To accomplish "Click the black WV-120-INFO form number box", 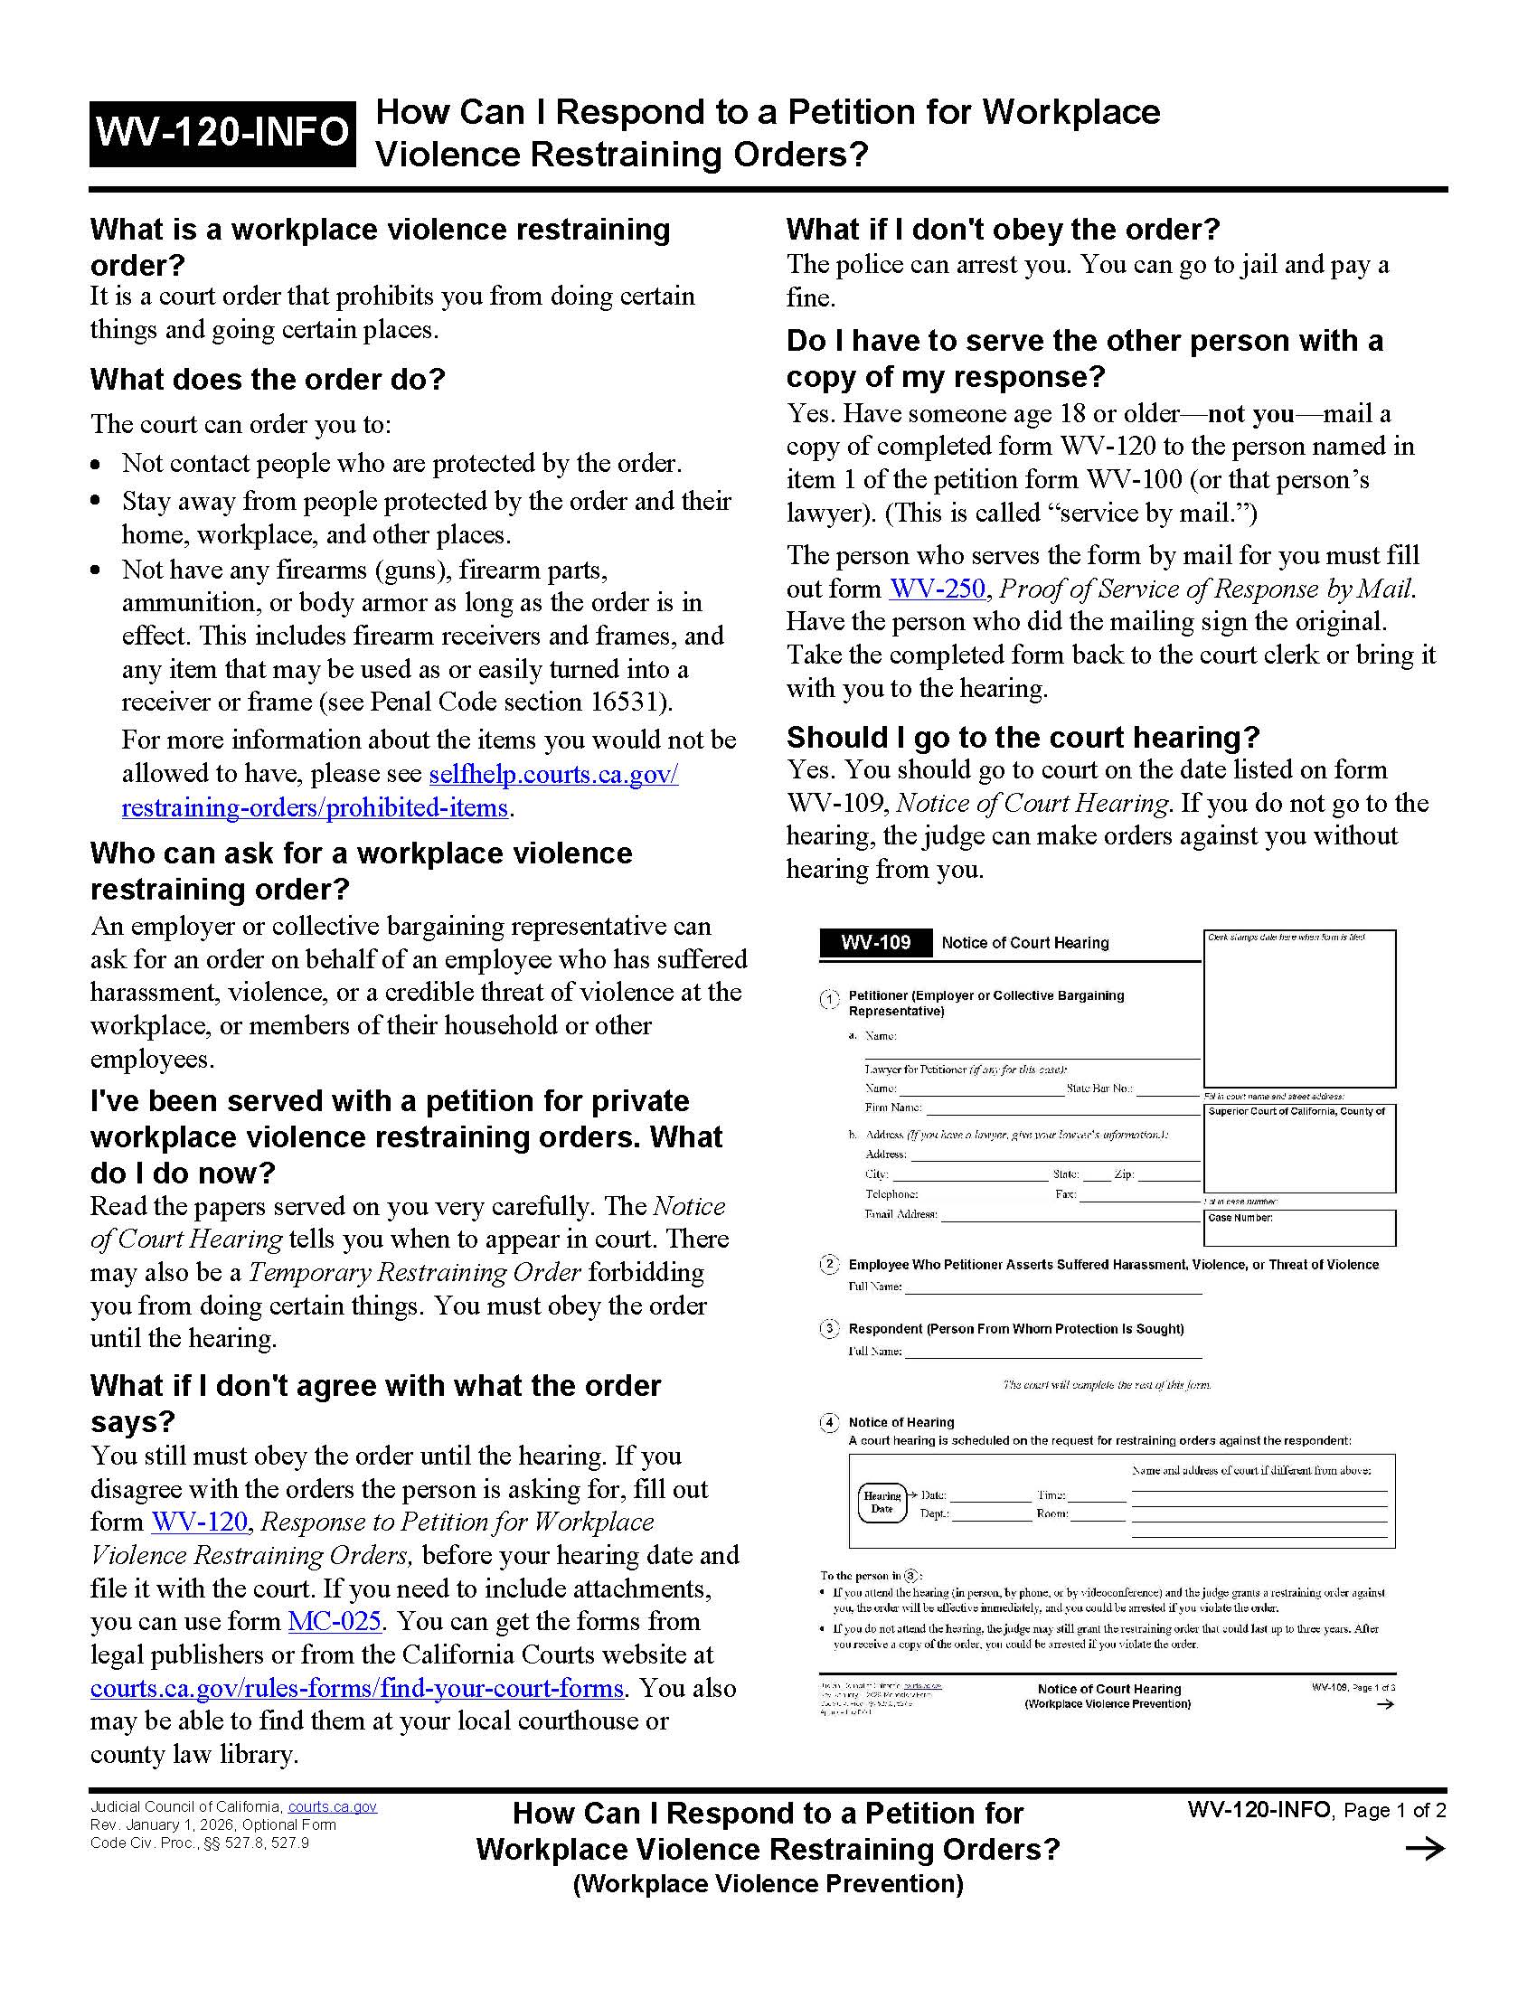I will click(222, 133).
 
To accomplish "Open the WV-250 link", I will click(937, 589).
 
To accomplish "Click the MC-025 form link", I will click(335, 1621).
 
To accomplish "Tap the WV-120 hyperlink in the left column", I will click(200, 1522).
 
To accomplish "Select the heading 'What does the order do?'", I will click(268, 379).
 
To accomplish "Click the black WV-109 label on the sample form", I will click(875, 943).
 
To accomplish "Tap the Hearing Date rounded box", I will click(882, 1502).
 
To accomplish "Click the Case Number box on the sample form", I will click(1299, 1227).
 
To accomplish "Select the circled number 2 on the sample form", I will click(828, 1264).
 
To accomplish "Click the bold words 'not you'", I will click(1250, 413).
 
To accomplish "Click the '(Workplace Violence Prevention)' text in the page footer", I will click(768, 1883).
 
